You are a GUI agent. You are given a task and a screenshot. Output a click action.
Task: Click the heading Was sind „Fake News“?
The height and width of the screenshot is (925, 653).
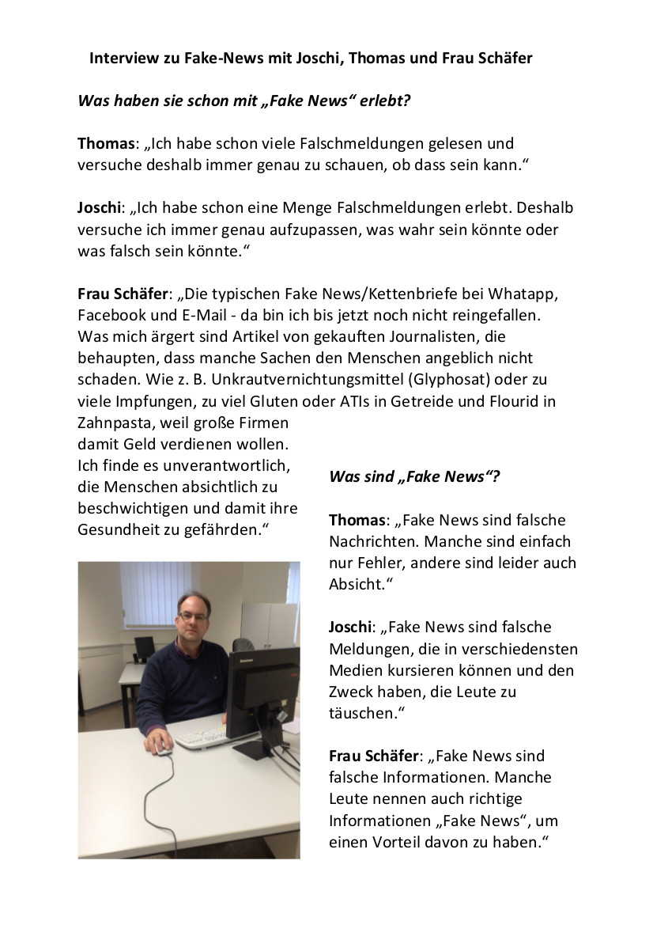pos(414,476)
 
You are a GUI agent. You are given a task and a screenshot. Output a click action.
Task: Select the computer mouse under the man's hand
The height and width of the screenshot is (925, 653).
pos(164,750)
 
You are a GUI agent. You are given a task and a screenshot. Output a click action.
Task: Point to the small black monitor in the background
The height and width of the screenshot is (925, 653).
pos(144,647)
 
